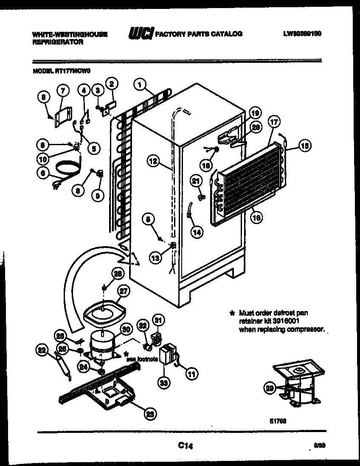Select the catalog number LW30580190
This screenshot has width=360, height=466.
(301, 33)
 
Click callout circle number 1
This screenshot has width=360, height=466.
(139, 84)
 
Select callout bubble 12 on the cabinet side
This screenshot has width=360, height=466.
(154, 161)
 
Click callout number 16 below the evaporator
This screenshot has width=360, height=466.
(256, 219)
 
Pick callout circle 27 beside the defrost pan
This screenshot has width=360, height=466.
(124, 291)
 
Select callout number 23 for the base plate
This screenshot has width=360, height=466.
(149, 415)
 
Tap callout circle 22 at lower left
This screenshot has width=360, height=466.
(41, 350)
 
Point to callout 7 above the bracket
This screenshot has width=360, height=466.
(62, 90)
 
